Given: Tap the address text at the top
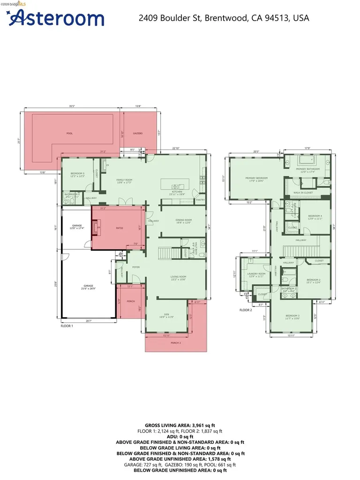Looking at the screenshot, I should pyautogui.click(x=224, y=18).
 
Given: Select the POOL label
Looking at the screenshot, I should pyautogui.click(x=69, y=134).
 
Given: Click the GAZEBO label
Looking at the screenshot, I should pyautogui.click(x=137, y=134).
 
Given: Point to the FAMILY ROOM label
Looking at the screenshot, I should pyautogui.click(x=124, y=180).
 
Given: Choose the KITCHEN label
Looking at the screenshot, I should pyautogui.click(x=177, y=192).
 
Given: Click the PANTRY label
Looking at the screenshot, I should pyautogui.click(x=200, y=200).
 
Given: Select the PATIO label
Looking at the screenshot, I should pyautogui.click(x=120, y=228).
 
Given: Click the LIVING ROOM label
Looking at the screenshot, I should pyautogui.click(x=178, y=277).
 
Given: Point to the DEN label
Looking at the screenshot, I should pyautogui.click(x=166, y=315).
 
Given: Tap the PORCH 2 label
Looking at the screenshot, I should pyautogui.click(x=176, y=343).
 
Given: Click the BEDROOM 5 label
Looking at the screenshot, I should pyautogui.click(x=77, y=174).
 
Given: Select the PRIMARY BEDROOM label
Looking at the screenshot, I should pyautogui.click(x=256, y=178).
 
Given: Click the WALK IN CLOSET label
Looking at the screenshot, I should pyautogui.click(x=303, y=193).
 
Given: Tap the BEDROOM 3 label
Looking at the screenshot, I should pyautogui.click(x=292, y=316).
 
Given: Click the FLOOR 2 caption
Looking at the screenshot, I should pyautogui.click(x=246, y=310).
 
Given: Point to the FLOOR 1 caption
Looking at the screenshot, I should pyautogui.click(x=67, y=325).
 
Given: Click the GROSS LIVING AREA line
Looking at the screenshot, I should pyautogui.click(x=180, y=425).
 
